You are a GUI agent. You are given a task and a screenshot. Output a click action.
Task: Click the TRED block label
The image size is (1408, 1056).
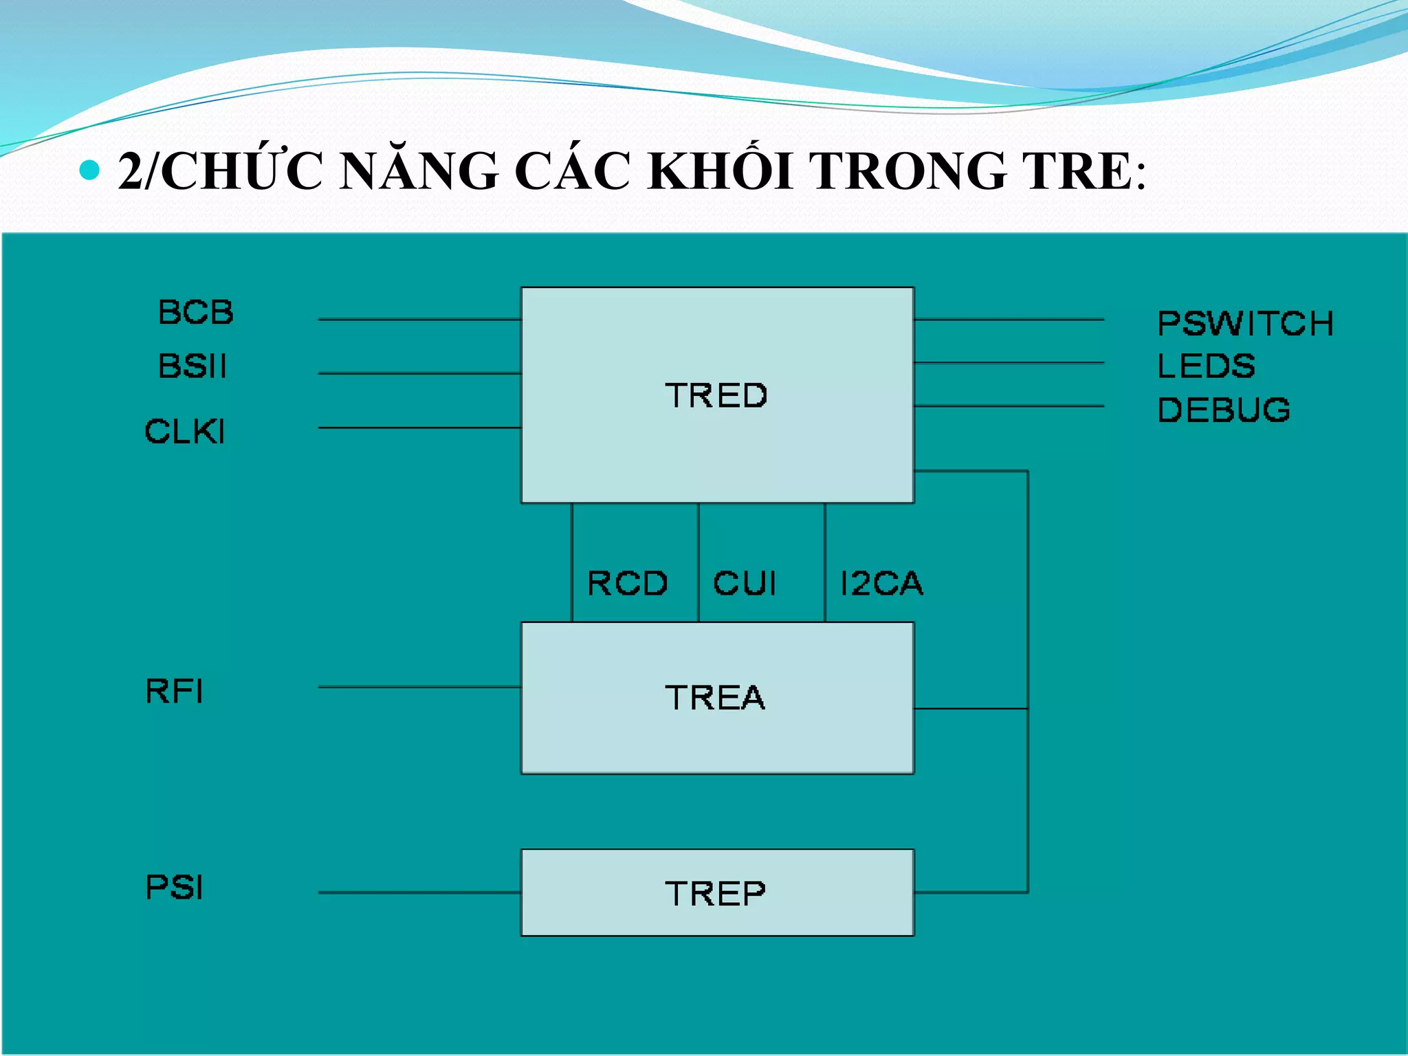tap(716, 395)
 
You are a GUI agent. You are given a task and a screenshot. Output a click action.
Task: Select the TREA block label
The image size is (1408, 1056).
tap(715, 698)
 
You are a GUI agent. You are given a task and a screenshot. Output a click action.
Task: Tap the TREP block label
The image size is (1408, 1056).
tap(715, 894)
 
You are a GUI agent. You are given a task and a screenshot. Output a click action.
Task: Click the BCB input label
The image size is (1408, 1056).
tap(196, 312)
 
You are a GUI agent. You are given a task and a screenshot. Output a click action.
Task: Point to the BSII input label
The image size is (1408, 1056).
tap(192, 366)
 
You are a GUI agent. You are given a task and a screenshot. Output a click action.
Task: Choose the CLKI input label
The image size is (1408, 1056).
tap(185, 432)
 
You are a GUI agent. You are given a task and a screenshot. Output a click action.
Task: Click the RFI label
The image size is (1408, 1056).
tap(175, 691)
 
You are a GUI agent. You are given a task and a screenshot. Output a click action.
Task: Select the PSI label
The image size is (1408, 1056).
tap(175, 887)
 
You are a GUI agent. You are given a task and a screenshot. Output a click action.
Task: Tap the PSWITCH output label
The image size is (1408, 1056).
tap(1245, 324)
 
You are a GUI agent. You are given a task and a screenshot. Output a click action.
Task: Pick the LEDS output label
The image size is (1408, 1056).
tap(1206, 366)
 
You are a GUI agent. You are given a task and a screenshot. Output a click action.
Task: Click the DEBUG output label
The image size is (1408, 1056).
tap(1224, 410)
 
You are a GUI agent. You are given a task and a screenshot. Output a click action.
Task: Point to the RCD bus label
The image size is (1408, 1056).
tap(627, 584)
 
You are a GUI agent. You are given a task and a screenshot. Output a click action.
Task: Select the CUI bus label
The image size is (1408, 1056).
tap(745, 584)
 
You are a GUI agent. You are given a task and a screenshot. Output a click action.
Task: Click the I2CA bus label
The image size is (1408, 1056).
tap(881, 584)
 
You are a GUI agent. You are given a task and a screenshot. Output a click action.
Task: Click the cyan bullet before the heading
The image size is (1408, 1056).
tap(89, 169)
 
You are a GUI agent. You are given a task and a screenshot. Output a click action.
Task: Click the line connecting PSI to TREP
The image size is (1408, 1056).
tap(419, 892)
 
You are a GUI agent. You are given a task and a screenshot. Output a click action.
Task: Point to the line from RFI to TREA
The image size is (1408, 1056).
tap(419, 687)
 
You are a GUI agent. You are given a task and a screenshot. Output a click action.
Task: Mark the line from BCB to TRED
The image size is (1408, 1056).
tap(419, 320)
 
